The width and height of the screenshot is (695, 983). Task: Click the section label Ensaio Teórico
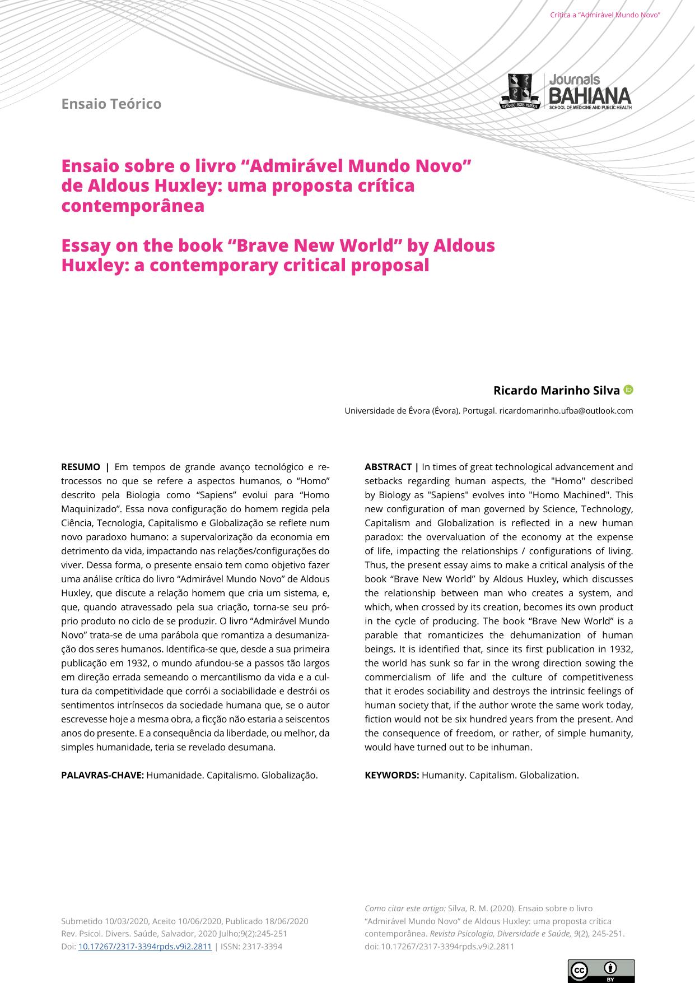click(x=111, y=104)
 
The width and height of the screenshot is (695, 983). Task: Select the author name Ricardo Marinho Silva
click(x=556, y=390)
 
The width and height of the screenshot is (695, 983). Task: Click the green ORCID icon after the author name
click(x=628, y=390)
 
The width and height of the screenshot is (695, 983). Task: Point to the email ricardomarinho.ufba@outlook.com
click(x=566, y=410)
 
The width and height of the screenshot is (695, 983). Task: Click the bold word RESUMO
click(x=80, y=467)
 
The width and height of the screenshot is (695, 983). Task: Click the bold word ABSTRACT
click(x=388, y=467)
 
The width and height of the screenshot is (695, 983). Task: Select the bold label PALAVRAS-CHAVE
click(x=102, y=775)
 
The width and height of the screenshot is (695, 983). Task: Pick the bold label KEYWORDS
click(x=391, y=775)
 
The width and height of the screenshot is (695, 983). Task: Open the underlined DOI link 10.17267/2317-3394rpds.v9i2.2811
click(x=144, y=947)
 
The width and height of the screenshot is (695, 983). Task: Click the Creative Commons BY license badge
click(x=601, y=971)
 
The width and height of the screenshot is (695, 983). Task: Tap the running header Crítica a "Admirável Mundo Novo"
click(x=605, y=15)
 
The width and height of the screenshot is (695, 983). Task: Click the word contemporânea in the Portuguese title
click(x=133, y=206)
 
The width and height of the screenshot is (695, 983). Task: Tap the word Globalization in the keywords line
click(x=549, y=775)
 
